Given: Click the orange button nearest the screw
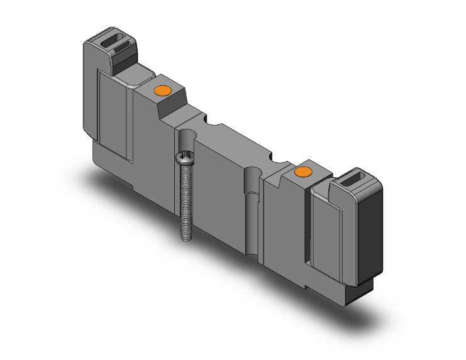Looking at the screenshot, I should (163, 92).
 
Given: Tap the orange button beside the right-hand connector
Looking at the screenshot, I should (304, 172).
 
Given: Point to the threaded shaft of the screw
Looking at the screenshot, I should (186, 201).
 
